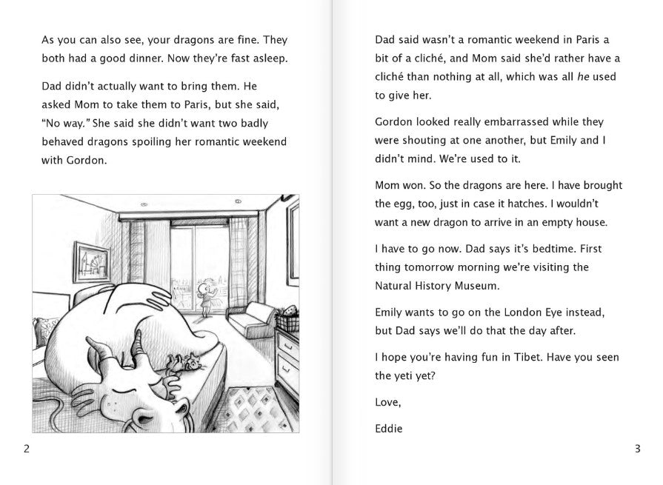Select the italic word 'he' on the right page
(583, 76)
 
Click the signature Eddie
(389, 428)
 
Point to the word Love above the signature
(387, 402)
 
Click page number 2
(27, 448)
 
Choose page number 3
(637, 448)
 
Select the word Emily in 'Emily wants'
(390, 312)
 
